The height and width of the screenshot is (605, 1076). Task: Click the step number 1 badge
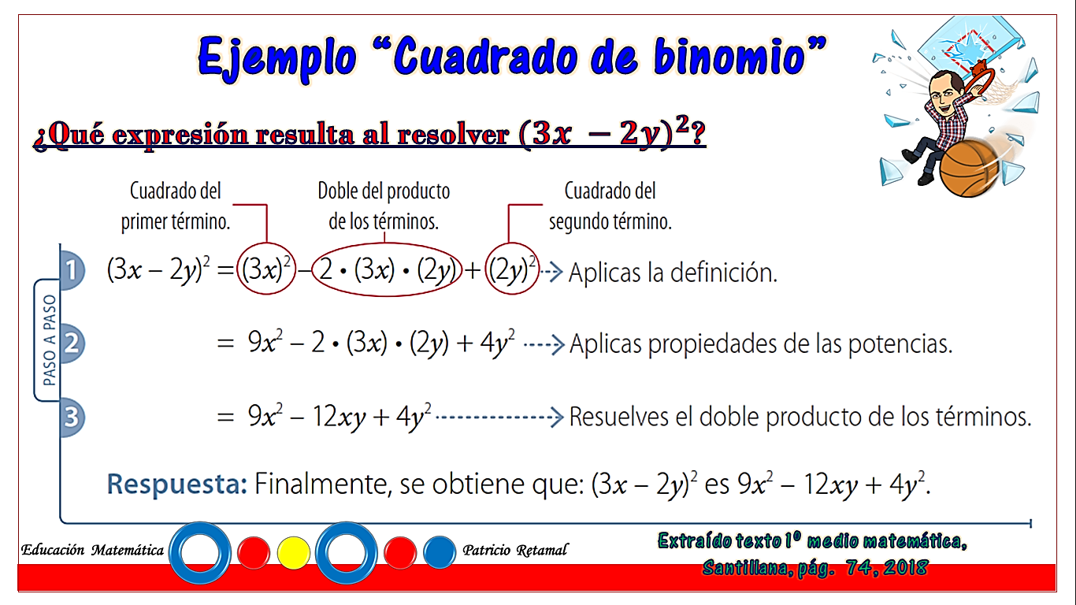pyautogui.click(x=72, y=270)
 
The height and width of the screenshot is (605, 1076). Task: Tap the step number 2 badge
pyautogui.click(x=72, y=343)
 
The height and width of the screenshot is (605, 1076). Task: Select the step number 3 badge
pyautogui.click(x=72, y=417)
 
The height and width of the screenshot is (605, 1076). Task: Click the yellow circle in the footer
pyautogui.click(x=294, y=553)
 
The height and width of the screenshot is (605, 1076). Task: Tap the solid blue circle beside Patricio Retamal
pyautogui.click(x=440, y=553)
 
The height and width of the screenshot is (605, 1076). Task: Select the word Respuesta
pyautogui.click(x=176, y=484)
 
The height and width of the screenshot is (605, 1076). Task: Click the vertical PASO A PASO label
pyautogui.click(x=49, y=340)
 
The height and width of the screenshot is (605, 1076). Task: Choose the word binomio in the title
pyautogui.click(x=729, y=58)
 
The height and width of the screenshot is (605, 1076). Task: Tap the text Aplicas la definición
pyautogui.click(x=673, y=273)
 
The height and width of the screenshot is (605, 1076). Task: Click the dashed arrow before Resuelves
pyautogui.click(x=499, y=417)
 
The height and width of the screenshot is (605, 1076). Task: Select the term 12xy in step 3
pyautogui.click(x=339, y=417)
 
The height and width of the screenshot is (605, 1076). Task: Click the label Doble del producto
pyautogui.click(x=384, y=191)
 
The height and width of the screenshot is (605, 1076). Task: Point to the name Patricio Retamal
pyautogui.click(x=515, y=550)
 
